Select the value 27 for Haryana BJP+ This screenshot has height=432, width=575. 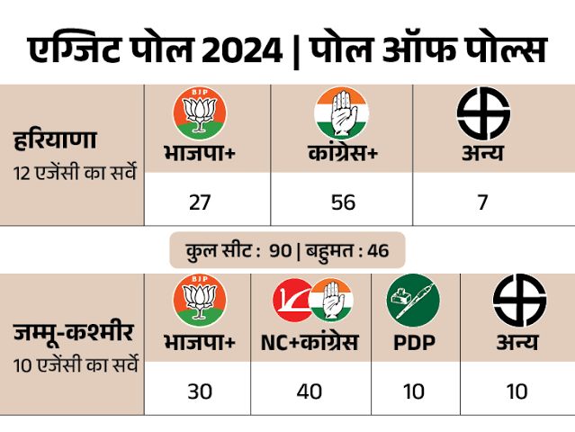[x=199, y=202]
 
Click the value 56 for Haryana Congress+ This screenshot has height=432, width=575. [x=343, y=202]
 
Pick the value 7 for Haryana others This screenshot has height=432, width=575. [x=483, y=202]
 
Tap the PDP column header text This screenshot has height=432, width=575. [x=413, y=343]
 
